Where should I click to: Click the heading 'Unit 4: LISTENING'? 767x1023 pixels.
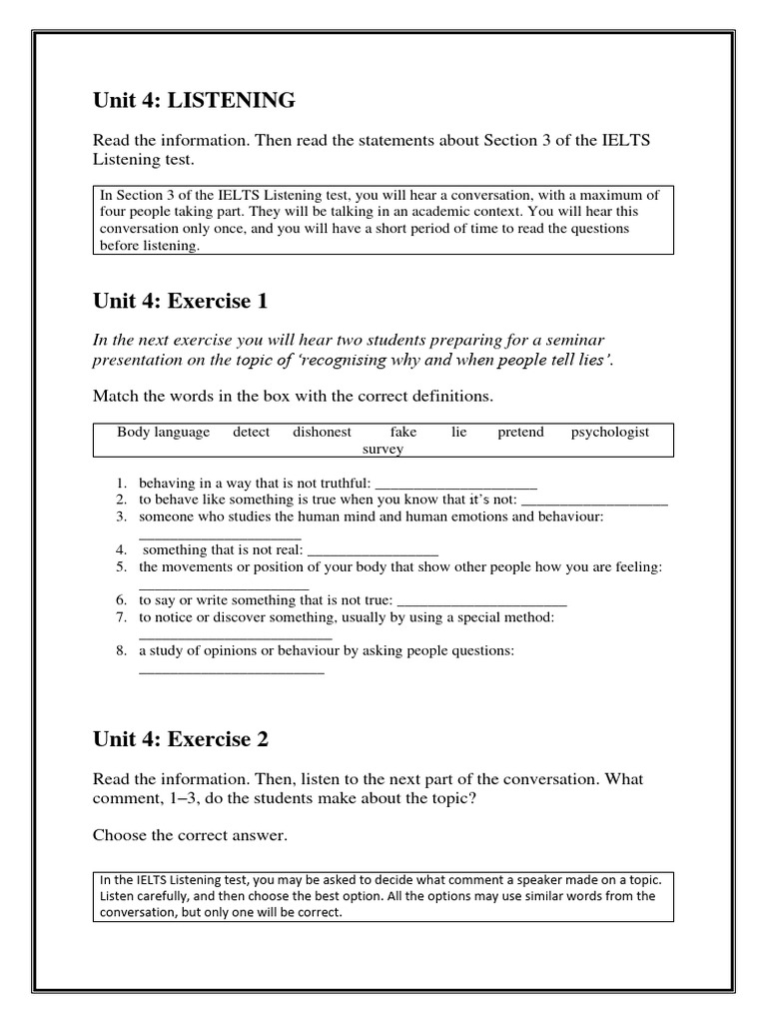tap(194, 100)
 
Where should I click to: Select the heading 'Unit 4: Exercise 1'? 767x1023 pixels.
tap(181, 301)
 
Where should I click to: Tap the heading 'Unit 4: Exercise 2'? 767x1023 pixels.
tap(181, 739)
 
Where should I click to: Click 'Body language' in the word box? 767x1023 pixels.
tap(163, 433)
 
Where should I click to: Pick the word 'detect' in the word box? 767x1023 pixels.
tap(252, 433)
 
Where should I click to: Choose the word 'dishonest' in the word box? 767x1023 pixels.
tap(322, 433)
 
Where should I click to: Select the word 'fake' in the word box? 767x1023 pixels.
tap(403, 433)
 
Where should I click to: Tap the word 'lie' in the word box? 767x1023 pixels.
tap(458, 433)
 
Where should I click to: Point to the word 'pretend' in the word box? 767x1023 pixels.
tap(520, 433)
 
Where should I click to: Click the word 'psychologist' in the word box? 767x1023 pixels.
tap(609, 433)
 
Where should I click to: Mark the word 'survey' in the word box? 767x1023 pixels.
tap(383, 450)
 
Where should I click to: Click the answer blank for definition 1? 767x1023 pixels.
tap(456, 484)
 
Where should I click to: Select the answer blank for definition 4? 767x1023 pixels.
tap(373, 550)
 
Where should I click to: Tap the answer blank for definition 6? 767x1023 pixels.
tap(481, 601)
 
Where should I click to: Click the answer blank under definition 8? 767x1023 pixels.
tap(231, 669)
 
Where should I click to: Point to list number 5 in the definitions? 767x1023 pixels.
tap(121, 567)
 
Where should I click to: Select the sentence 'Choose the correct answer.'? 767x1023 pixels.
tap(190, 835)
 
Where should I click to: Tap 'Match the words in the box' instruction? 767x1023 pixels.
tap(293, 397)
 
